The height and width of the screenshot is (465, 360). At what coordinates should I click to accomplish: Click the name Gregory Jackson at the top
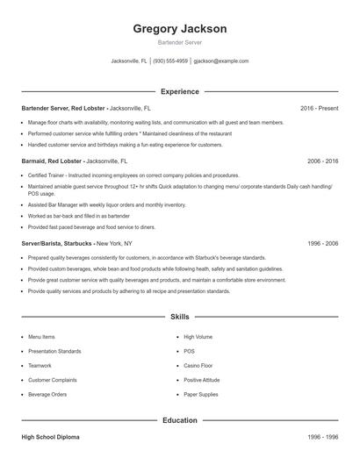pos(179,29)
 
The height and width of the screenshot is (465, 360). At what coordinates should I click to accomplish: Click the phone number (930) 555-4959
pos(170,61)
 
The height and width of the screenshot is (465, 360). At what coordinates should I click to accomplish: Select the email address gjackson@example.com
pos(220,61)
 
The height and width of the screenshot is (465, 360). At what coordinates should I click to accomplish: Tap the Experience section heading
pos(179,91)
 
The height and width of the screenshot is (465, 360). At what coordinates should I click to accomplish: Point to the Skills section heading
pos(179,316)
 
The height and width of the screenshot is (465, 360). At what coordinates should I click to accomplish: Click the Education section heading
pos(179,420)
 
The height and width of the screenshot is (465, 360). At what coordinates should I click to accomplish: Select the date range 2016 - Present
pos(319,108)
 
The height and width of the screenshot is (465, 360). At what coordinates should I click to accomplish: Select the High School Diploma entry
pos(54,436)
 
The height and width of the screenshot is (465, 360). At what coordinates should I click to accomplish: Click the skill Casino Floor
pos(198,366)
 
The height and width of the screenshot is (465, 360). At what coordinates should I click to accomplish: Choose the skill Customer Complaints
pos(53,380)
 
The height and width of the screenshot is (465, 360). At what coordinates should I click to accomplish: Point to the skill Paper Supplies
pos(200,395)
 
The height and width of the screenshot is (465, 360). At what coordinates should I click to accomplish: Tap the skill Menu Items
pos(41,337)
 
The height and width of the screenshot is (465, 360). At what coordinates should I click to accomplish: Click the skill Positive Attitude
pos(201,380)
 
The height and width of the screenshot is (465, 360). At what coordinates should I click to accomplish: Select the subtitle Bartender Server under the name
pos(179,43)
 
